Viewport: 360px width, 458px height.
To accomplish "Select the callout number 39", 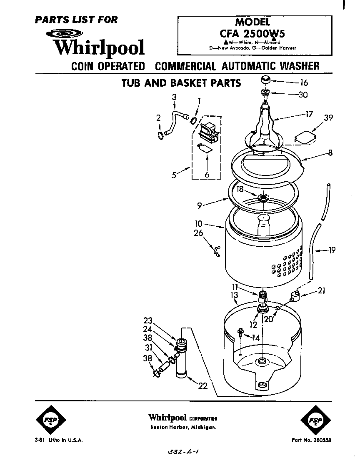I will coord(328,118).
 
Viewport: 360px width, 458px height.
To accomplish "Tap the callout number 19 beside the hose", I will coord(332,250).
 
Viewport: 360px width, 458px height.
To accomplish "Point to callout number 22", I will coord(202,386).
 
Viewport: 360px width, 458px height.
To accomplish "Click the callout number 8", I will coord(330,153).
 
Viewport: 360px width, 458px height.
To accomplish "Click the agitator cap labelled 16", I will coord(265,80).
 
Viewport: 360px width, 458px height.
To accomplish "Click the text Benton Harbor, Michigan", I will coord(183,428).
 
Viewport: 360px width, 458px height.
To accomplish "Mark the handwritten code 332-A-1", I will coord(182,452).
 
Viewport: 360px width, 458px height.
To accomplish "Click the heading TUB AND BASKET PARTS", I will coord(181,83).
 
